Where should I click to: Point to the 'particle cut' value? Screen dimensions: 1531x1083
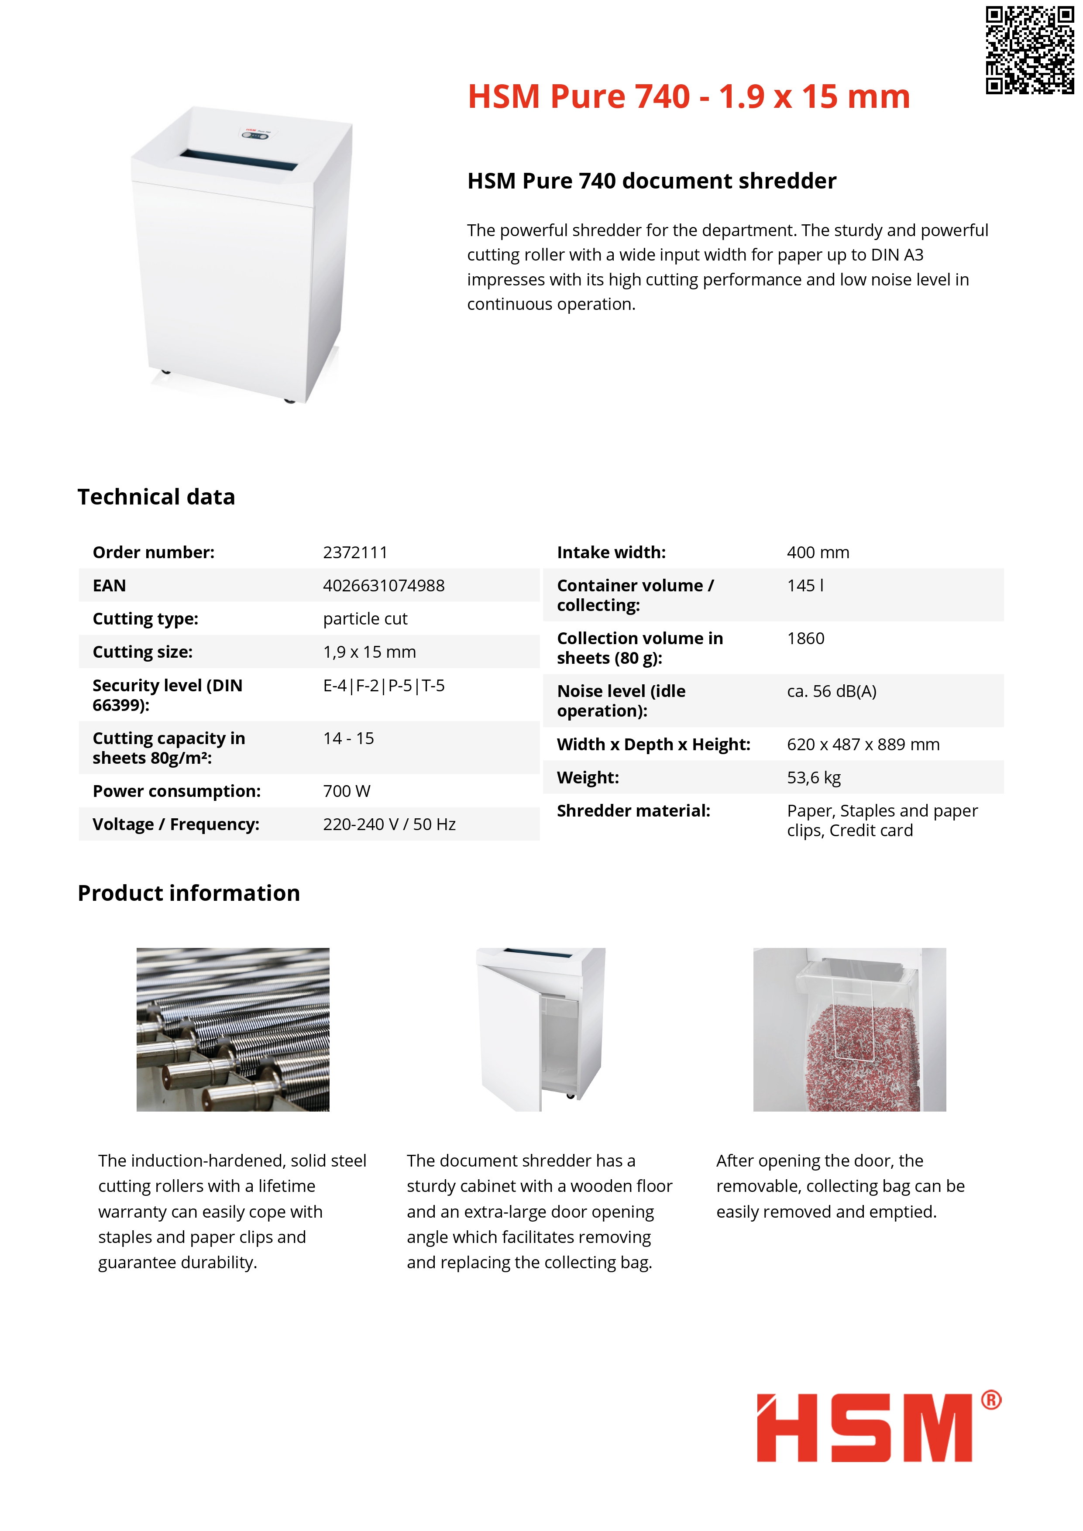[365, 619]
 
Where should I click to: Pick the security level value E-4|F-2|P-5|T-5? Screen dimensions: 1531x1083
[383, 686]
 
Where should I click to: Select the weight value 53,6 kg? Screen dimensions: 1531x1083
[814, 778]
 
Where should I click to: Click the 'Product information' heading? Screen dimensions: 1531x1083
[189, 893]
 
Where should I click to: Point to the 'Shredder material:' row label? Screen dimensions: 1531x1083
[633, 811]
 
